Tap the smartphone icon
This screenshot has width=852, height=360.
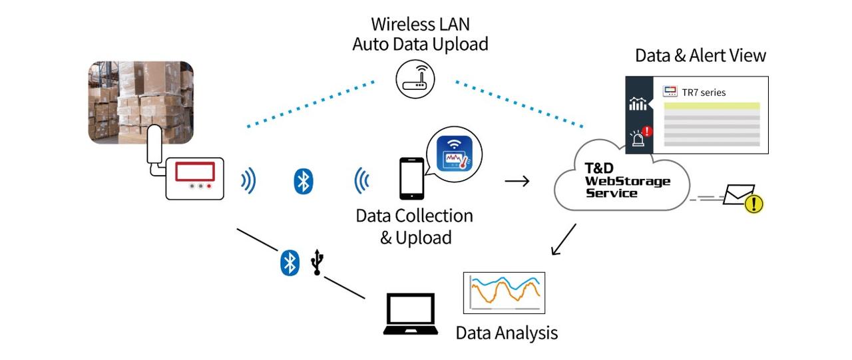(412, 178)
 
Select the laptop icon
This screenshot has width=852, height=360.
(410, 315)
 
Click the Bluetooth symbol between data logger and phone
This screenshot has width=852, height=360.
(304, 180)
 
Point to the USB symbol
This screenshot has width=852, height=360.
(319, 262)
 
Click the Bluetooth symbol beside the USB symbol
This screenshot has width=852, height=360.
(289, 263)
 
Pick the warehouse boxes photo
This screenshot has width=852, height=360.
(141, 102)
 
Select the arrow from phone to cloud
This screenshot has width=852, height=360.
(517, 180)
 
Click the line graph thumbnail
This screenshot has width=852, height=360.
(504, 293)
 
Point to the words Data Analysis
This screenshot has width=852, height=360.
(507, 332)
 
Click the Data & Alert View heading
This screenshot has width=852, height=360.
(700, 55)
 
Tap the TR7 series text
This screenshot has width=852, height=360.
(704, 92)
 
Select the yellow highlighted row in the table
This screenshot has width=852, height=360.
(712, 106)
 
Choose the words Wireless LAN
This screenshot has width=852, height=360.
(420, 24)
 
